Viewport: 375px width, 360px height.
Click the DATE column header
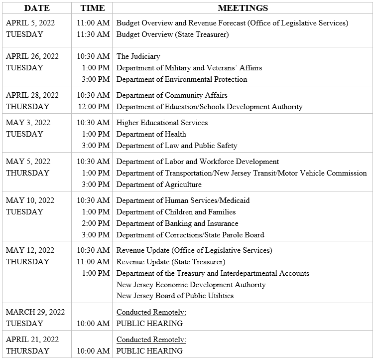click(37, 8)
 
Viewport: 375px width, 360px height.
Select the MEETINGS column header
click(243, 8)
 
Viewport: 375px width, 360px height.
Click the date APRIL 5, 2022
click(30, 23)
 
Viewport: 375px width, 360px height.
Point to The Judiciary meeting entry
click(138, 56)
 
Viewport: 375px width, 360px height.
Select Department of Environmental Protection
click(181, 79)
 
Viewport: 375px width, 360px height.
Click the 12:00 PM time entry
click(93, 107)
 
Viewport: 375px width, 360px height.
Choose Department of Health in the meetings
click(151, 134)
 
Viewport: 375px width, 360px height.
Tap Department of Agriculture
click(159, 184)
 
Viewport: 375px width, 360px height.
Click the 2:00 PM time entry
click(96, 223)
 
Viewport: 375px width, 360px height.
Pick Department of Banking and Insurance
click(177, 223)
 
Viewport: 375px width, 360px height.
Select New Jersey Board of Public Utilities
click(175, 296)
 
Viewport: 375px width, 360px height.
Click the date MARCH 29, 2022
click(35, 312)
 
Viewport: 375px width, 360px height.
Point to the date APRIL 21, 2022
click(32, 340)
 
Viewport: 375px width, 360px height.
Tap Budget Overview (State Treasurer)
click(172, 34)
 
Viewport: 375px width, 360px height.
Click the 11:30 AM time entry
click(93, 34)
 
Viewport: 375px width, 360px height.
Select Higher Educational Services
click(162, 123)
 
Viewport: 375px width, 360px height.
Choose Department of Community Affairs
click(172, 95)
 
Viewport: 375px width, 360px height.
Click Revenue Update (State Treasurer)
click(171, 262)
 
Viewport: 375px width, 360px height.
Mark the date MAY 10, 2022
click(30, 200)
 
